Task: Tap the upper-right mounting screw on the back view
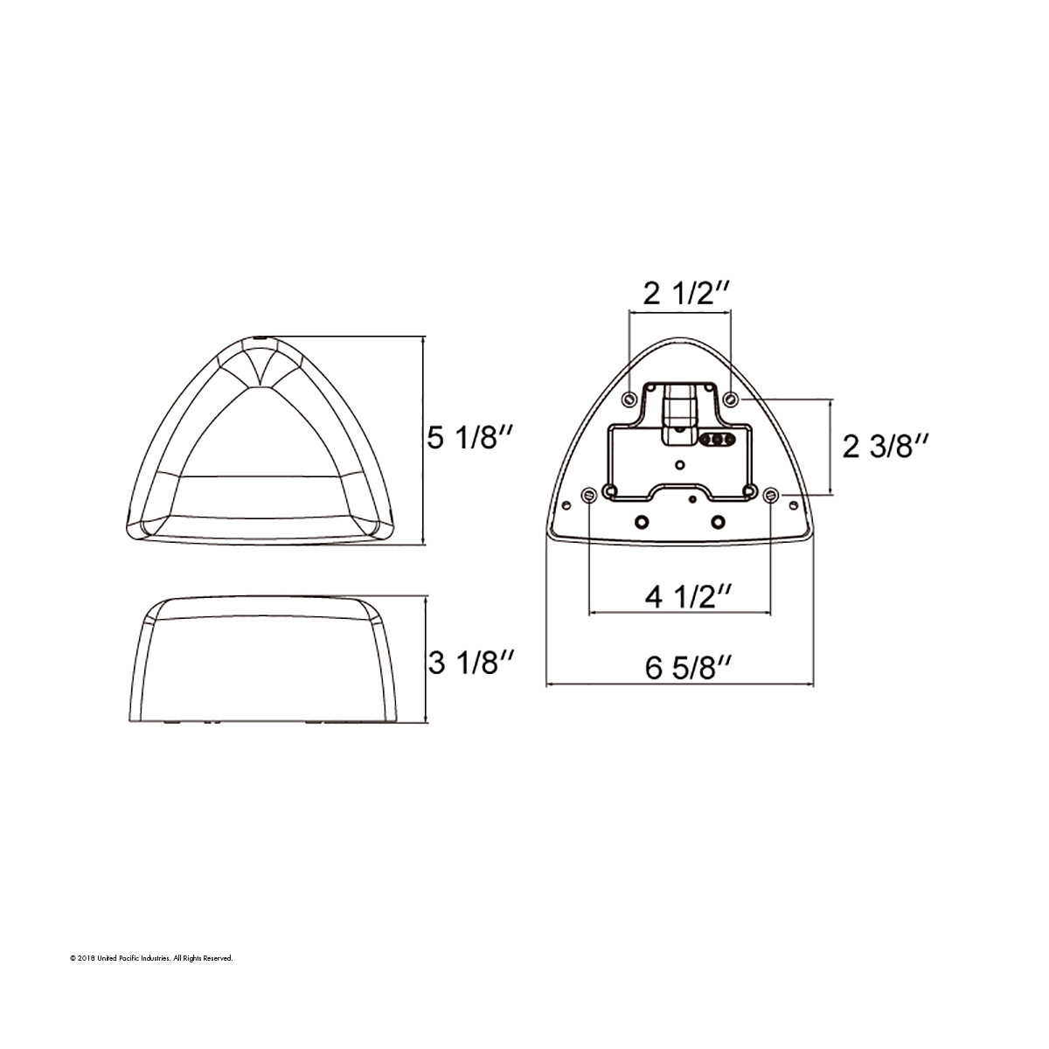tap(732, 399)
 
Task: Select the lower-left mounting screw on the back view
tap(589, 496)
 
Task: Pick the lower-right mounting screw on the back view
tap(770, 496)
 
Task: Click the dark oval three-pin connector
tap(716, 441)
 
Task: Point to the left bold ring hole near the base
tap(643, 521)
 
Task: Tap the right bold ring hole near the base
tap(718, 521)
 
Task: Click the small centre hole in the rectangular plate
tap(679, 463)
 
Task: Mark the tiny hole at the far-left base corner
tap(566, 504)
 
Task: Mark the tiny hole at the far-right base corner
tap(793, 504)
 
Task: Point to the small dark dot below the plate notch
tap(692, 500)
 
